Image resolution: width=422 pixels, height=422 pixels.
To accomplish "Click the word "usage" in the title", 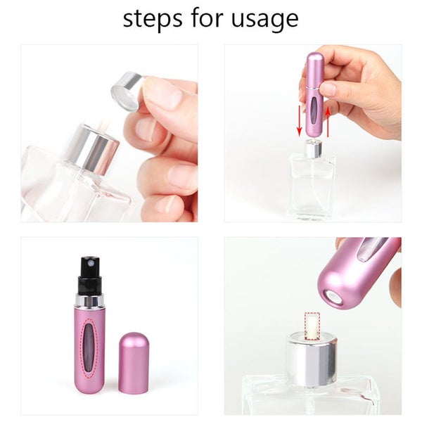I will point(267,19).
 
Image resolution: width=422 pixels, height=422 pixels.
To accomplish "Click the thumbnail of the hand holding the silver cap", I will point(109,134).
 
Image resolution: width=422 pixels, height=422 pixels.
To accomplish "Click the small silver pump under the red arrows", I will point(313,148).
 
